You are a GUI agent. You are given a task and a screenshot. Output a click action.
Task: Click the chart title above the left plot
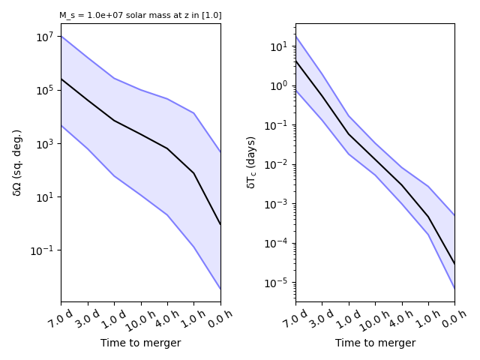(x=140, y=15)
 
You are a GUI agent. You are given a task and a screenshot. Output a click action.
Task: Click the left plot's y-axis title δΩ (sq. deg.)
(x=17, y=163)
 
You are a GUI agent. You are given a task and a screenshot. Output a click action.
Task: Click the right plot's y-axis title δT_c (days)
(x=252, y=163)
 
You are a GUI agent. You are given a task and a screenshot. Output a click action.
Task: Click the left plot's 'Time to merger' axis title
(x=140, y=343)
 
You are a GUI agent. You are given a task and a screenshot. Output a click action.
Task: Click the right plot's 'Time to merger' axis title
(x=375, y=343)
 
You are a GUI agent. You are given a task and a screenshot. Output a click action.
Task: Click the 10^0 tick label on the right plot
(x=279, y=85)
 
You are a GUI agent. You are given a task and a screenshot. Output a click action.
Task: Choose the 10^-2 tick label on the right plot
(x=277, y=164)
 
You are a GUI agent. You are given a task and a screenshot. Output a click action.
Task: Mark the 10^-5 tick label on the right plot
(x=277, y=282)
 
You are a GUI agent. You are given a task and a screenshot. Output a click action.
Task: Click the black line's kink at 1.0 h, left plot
(x=193, y=173)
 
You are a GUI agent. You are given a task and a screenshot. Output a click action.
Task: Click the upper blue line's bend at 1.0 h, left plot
(x=193, y=113)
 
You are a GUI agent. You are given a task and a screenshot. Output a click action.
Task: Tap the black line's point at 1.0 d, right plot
(x=349, y=134)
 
